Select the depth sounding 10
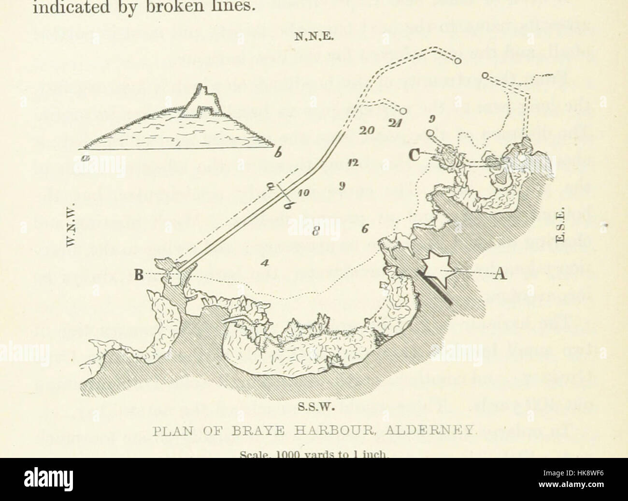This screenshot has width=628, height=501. (x=303, y=192)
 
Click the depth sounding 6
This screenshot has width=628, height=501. (x=365, y=229)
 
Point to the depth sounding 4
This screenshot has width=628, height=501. (x=264, y=263)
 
